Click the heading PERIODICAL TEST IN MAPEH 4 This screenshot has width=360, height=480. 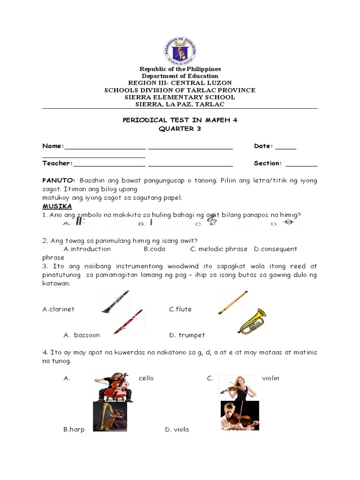click(180, 120)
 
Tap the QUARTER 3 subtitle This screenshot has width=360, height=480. click(180, 129)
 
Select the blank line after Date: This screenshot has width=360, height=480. click(285, 147)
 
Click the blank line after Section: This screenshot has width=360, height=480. click(301, 164)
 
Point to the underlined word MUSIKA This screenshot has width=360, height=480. click(57, 206)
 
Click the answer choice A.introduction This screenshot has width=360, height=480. click(87, 249)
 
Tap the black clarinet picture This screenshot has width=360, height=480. click(115, 301)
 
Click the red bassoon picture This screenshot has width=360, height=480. click(128, 322)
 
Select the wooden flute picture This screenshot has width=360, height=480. click(233, 303)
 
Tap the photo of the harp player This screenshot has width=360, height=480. click(110, 416)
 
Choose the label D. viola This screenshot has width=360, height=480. click(177, 429)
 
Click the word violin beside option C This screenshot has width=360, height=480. click(270, 378)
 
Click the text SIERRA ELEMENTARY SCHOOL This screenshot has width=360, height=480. click(180, 97)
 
